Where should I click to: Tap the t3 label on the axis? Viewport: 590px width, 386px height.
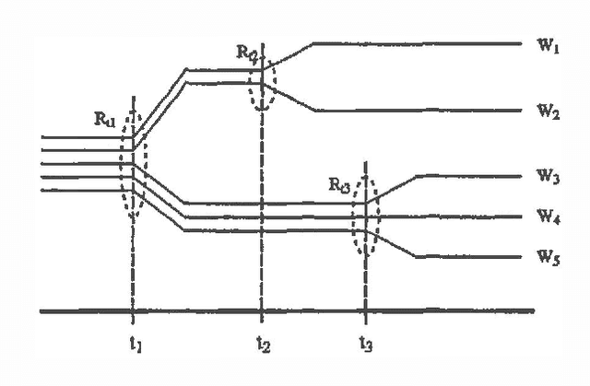tap(367, 348)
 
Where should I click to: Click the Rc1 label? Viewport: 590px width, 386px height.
tap(106, 119)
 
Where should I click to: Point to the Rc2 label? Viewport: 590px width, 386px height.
tap(246, 52)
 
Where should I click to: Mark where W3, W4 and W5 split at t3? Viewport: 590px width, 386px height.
tap(366, 216)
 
